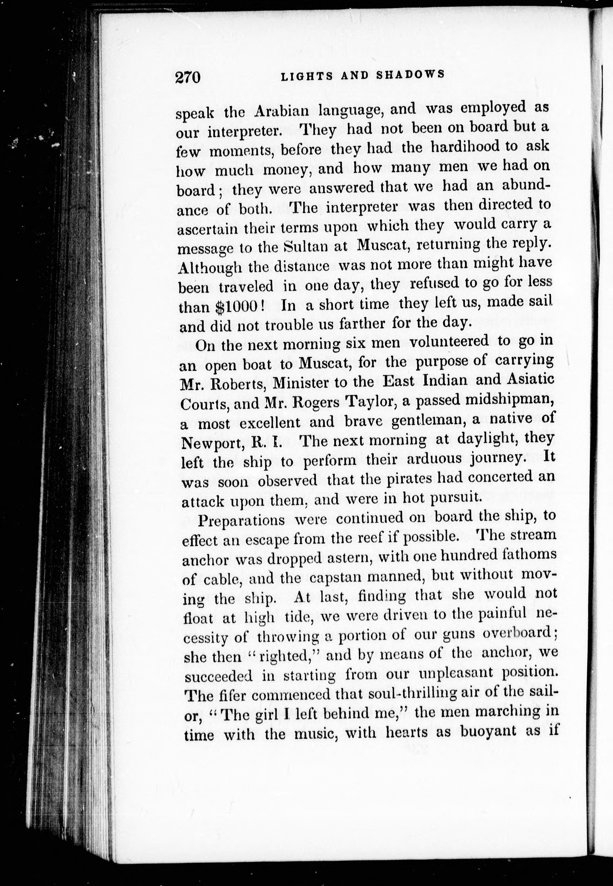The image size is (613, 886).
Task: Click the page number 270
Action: tap(188, 77)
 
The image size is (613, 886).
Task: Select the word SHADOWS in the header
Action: tap(410, 74)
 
